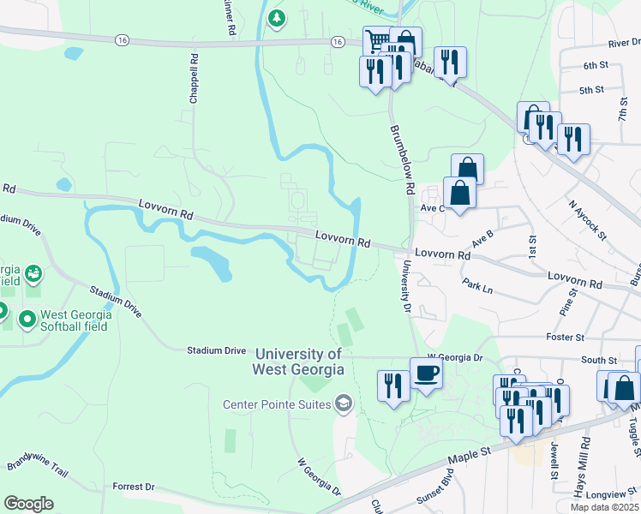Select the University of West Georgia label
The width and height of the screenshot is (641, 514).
click(297, 362)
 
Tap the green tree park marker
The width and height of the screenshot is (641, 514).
click(276, 18)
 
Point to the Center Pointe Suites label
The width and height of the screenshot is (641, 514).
click(277, 404)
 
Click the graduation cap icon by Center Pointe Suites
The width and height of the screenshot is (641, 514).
click(343, 403)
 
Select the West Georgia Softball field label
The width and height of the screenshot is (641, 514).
click(76, 320)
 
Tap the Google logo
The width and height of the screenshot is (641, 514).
click(28, 504)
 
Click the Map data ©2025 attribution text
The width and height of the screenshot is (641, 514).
click(604, 507)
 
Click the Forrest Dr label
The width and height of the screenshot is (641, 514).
click(133, 487)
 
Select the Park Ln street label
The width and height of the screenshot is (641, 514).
click(477, 286)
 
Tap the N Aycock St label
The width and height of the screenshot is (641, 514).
click(588, 219)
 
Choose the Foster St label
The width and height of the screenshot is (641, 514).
click(565, 338)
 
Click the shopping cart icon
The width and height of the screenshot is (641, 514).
click(375, 40)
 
